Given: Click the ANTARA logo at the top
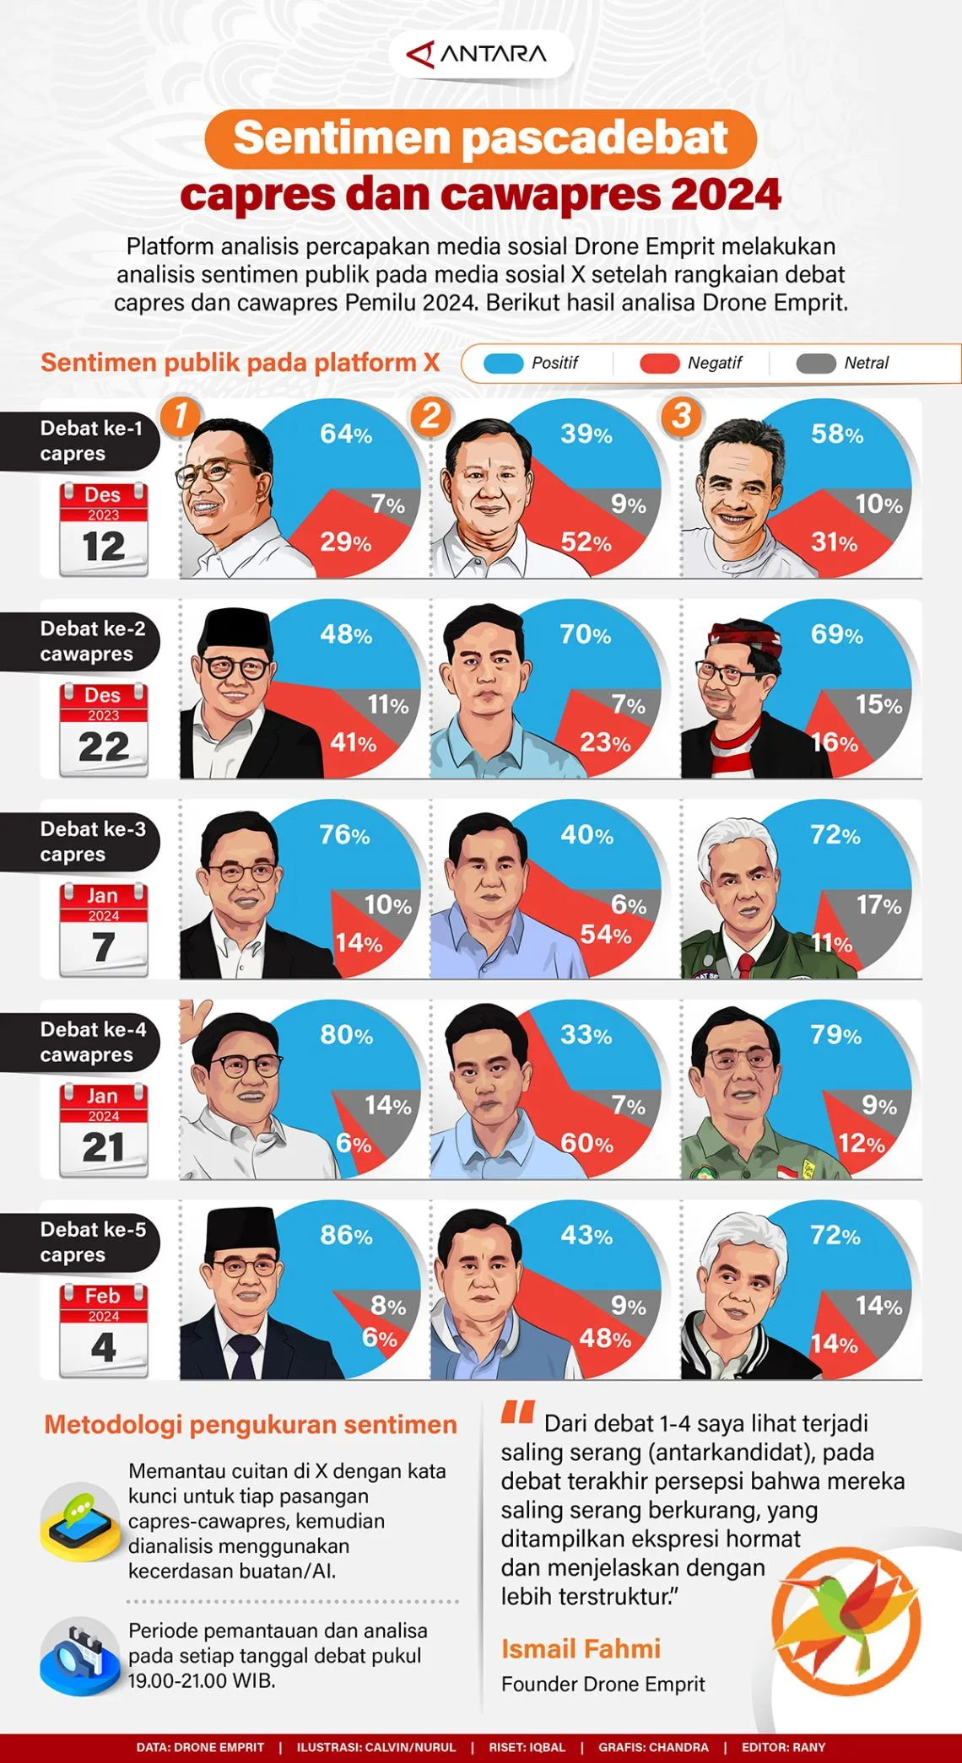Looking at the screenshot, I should tap(478, 55).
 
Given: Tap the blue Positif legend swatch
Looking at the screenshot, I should tap(504, 364).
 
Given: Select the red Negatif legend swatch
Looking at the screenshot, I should tap(659, 364).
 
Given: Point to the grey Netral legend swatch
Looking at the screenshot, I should tap(816, 364).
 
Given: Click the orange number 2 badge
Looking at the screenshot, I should tap(430, 416).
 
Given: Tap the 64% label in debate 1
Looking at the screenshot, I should tap(345, 434).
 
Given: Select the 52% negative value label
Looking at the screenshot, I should tap(586, 542).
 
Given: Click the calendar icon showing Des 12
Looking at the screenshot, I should tap(103, 529).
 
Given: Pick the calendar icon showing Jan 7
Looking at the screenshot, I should tap(103, 930).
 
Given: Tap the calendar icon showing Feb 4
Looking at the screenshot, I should tap(103, 1330).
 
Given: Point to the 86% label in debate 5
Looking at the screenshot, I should tap(345, 1236).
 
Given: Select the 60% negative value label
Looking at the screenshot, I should tap(586, 1144).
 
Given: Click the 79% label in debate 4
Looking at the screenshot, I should tap(835, 1035).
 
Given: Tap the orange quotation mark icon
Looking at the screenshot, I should tap(517, 1412).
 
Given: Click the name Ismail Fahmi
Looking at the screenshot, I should tap(581, 1648).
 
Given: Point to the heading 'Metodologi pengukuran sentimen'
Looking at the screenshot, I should tap(251, 1425).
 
